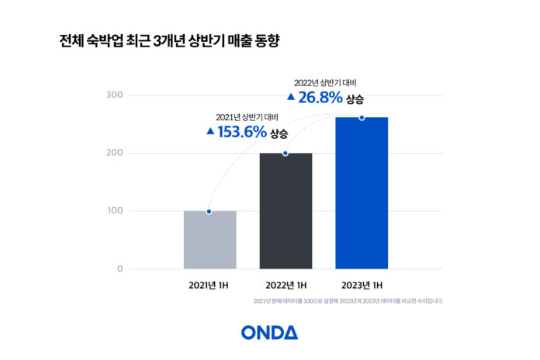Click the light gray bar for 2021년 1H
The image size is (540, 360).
click(x=209, y=241)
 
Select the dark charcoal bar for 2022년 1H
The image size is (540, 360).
click(x=286, y=211)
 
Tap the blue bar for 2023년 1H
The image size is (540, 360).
click(x=362, y=193)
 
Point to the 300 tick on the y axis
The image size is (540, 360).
click(x=114, y=95)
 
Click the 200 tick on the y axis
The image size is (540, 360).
click(x=114, y=153)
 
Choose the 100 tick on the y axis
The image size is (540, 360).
click(x=114, y=211)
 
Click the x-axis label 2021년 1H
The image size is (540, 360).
click(x=209, y=285)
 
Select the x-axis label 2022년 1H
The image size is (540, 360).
click(x=286, y=285)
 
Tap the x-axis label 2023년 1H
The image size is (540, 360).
click(x=362, y=285)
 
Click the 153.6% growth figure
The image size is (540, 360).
click(x=241, y=132)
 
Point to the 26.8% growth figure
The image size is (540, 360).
click(x=320, y=99)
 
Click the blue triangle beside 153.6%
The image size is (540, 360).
click(x=210, y=132)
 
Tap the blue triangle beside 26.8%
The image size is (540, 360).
click(x=290, y=98)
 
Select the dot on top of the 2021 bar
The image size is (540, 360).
click(x=209, y=211)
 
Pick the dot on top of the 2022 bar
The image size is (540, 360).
click(x=286, y=154)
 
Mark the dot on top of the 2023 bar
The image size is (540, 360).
click(x=362, y=117)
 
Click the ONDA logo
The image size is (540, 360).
click(x=269, y=332)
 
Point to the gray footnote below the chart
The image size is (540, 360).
click(x=348, y=301)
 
